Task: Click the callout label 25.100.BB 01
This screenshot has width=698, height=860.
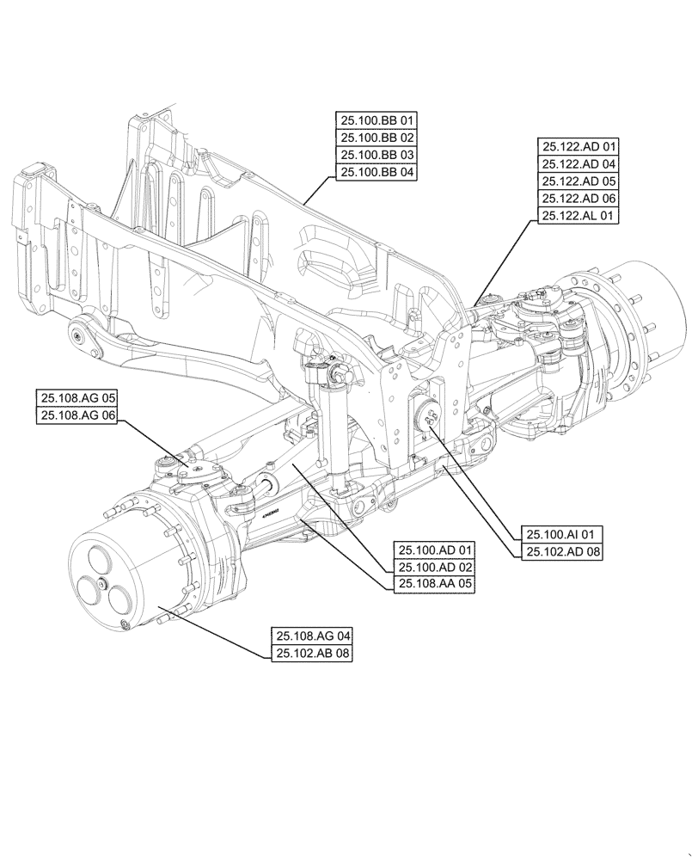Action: coord(377,120)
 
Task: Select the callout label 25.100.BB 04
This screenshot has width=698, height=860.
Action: coord(377,172)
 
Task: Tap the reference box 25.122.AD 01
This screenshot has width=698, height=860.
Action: coord(579,147)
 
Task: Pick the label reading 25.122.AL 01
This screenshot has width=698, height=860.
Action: coord(579,217)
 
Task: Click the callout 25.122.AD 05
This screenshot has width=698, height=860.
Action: coord(579,181)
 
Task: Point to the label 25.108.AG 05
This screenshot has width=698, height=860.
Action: coord(77,398)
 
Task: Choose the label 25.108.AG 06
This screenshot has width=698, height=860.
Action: coord(77,415)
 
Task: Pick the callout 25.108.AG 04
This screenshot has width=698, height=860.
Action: coord(314,636)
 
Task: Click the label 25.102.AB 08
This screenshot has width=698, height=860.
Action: coord(314,654)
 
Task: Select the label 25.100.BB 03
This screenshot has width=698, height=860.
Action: coord(377,155)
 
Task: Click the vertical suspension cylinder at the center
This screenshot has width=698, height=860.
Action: coord(332,421)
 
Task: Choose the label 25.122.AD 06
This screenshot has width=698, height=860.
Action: coord(579,199)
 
